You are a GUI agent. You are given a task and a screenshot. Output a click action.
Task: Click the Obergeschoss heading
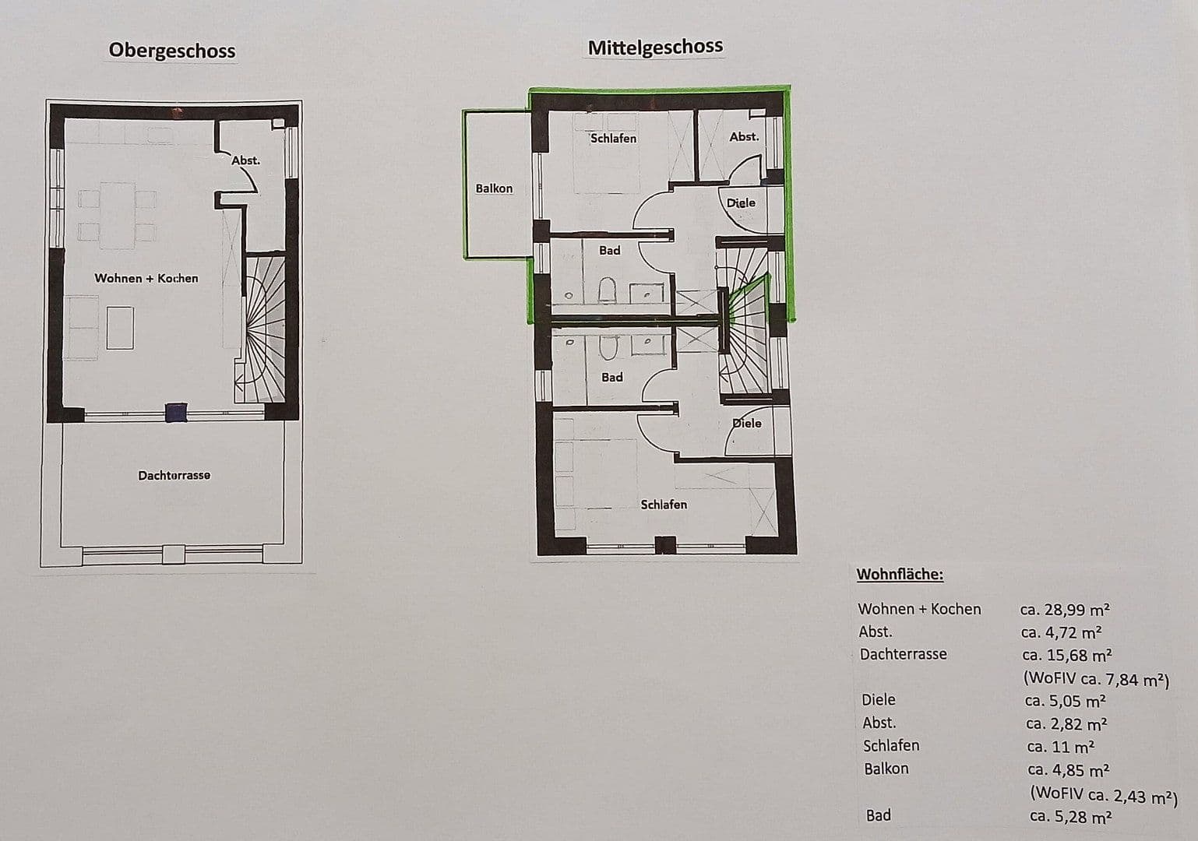(x=171, y=51)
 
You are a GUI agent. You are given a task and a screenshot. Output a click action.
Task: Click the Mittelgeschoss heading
(x=655, y=47)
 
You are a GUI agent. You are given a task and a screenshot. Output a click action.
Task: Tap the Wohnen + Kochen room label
(x=146, y=278)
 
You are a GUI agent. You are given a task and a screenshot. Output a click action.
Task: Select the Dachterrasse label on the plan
(x=174, y=475)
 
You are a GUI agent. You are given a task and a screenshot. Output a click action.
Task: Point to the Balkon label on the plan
(x=494, y=188)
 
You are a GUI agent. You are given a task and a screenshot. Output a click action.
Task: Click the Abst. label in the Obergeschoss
(x=245, y=160)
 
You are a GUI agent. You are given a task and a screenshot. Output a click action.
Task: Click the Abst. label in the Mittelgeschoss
(x=743, y=136)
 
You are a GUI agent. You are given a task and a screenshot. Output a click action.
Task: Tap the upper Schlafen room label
(x=613, y=139)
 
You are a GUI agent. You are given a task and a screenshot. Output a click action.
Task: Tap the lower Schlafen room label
(x=664, y=505)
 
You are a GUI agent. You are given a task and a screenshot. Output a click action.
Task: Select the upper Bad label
(x=609, y=250)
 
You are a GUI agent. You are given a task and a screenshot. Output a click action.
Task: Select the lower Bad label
(x=611, y=377)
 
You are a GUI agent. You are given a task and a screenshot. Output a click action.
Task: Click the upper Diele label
(x=741, y=202)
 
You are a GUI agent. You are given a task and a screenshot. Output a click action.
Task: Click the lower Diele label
(x=747, y=423)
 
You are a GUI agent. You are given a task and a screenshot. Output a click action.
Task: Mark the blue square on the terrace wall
(x=177, y=413)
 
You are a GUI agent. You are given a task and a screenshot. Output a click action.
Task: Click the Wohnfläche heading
(x=900, y=575)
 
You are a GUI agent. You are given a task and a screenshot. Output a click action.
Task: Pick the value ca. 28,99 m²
(x=1065, y=609)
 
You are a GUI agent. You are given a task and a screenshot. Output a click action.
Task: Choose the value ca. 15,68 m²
(x=1066, y=655)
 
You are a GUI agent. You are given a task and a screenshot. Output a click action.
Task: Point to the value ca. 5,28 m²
(x=1070, y=817)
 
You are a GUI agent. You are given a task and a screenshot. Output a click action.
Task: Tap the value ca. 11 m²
(x=1060, y=747)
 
